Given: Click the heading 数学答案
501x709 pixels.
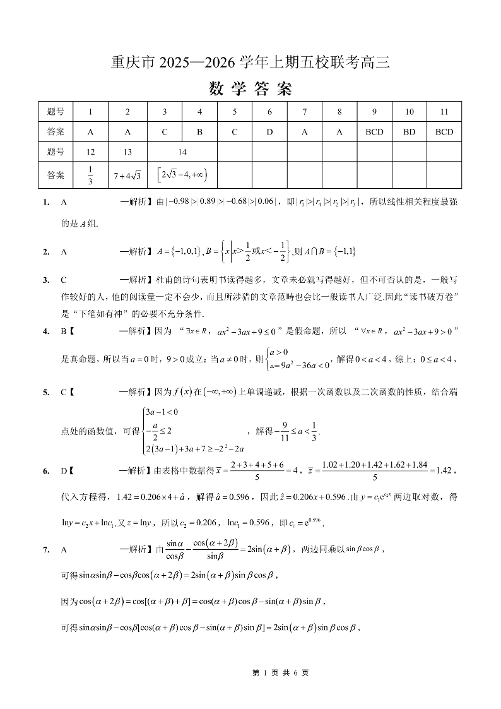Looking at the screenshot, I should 250,89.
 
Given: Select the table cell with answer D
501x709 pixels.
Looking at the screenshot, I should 269,132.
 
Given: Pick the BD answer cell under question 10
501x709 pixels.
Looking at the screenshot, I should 410,132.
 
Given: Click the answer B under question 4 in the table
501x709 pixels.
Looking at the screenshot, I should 199,132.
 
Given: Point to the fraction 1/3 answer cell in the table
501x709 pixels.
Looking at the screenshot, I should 90,175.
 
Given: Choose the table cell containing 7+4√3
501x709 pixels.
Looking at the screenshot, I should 127,175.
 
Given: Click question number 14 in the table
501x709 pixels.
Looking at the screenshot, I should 182,152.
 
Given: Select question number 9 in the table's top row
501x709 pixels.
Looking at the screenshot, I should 374,112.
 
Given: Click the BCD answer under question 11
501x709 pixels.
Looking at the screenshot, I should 444,132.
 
